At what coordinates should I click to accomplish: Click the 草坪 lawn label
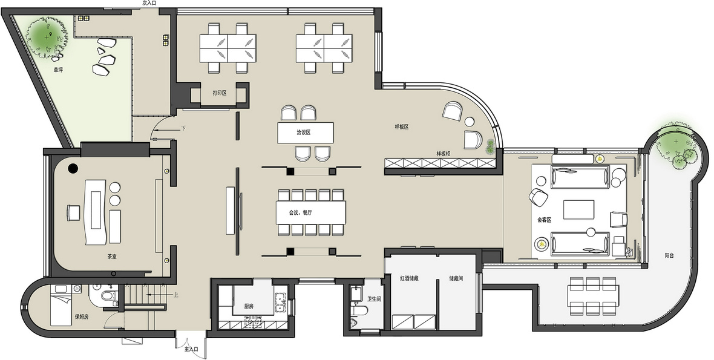pyautogui.click(x=58, y=70)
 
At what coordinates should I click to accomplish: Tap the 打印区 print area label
pyautogui.click(x=220, y=93)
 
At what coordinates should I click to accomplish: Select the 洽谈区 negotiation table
pyautogui.click(x=305, y=133)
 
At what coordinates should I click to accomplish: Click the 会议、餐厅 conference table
pyautogui.click(x=310, y=212)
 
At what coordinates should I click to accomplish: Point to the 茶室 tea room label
pyautogui.click(x=111, y=257)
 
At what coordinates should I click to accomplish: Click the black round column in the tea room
pyautogui.click(x=73, y=168)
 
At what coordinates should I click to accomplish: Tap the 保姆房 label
pyautogui.click(x=82, y=317)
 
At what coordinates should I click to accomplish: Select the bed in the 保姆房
pyautogui.click(x=61, y=309)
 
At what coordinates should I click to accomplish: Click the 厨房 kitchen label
pyautogui.click(x=249, y=306)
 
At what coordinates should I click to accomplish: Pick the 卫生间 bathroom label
pyautogui.click(x=375, y=299)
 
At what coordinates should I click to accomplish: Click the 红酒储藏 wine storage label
pyautogui.click(x=409, y=278)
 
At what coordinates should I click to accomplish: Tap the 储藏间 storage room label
pyautogui.click(x=456, y=278)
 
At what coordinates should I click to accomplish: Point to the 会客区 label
pyautogui.click(x=544, y=220)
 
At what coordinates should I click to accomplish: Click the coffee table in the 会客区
pyautogui.click(x=578, y=210)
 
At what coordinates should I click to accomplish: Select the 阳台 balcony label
pyautogui.click(x=669, y=256)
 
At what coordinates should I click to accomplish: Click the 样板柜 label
pyautogui.click(x=444, y=153)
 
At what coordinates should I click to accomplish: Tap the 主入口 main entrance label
pyautogui.click(x=191, y=349)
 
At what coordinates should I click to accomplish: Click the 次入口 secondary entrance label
pyautogui.click(x=149, y=3)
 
